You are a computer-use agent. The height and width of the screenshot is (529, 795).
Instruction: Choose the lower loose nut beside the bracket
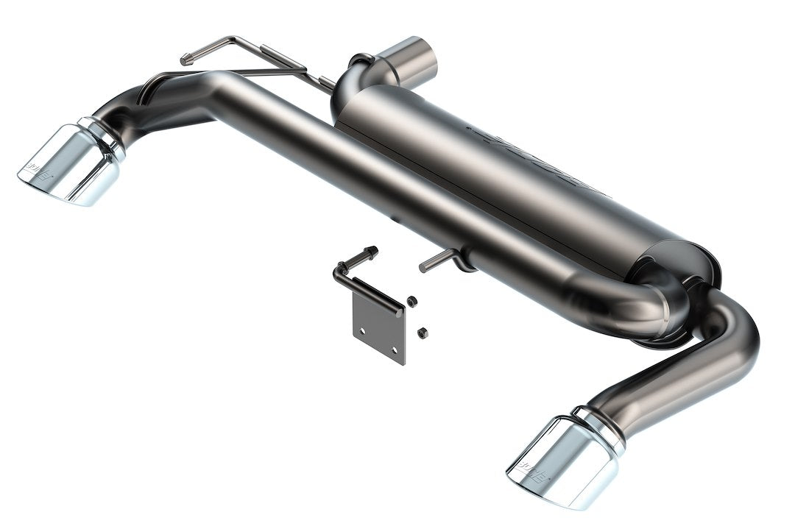(x=422, y=333)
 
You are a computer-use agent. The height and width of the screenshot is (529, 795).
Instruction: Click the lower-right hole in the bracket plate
(x=394, y=350)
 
